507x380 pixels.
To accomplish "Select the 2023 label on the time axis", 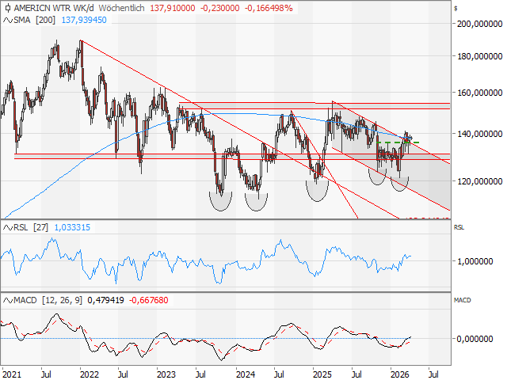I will tap(166, 372).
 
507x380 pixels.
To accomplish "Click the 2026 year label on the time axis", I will tap(398, 372).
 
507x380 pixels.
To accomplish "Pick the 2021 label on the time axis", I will tap(12, 372).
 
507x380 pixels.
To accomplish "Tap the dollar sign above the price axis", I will tap(456, 7).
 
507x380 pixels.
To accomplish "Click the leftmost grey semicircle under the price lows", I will tap(221, 200).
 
